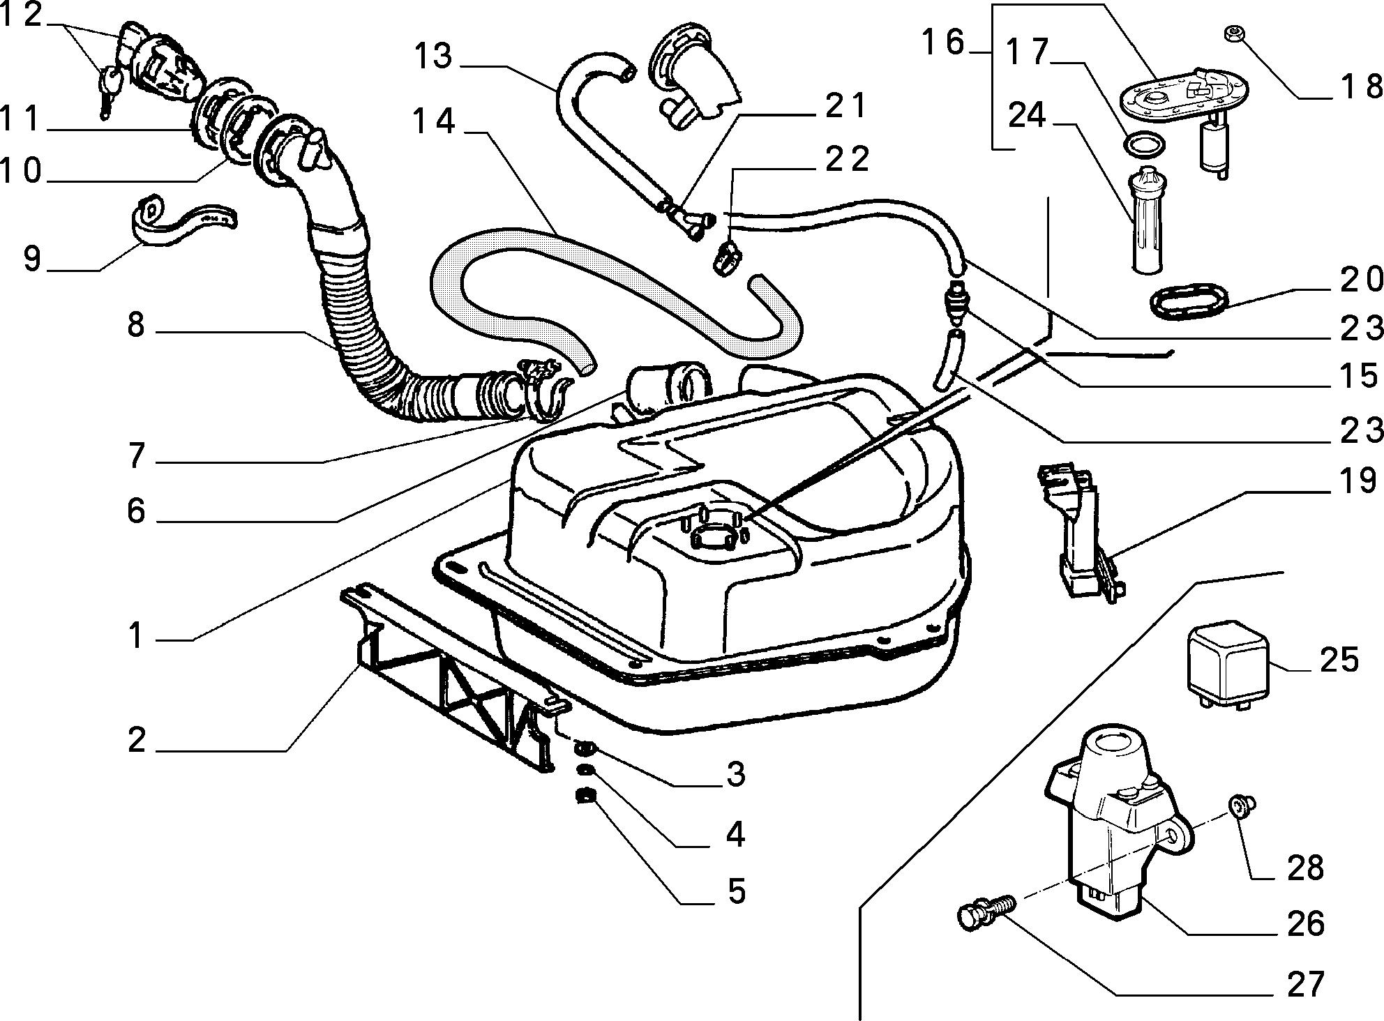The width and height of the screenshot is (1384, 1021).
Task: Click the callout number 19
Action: [x=1356, y=481]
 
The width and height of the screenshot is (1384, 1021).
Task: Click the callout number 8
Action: [x=136, y=325]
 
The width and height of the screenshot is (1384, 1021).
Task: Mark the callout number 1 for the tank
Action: [x=137, y=636]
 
